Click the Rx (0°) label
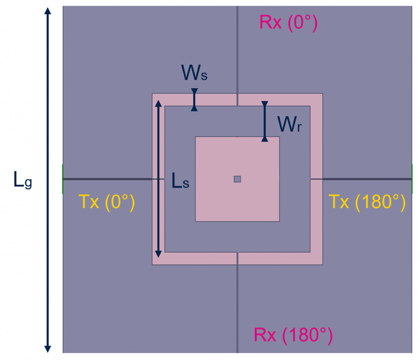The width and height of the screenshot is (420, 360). [x=288, y=23]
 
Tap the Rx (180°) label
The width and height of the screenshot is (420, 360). [x=293, y=335]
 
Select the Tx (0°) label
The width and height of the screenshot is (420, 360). [x=106, y=202]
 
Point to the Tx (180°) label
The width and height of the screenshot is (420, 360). [x=367, y=202]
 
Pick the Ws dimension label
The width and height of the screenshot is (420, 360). [x=194, y=73]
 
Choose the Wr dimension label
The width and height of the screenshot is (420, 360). [x=289, y=124]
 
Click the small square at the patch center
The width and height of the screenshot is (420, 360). [x=237, y=179]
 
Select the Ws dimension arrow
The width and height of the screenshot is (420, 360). [x=194, y=100]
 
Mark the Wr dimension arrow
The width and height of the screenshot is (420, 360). [x=265, y=121]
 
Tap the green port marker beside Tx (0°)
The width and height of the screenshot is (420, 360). [x=63, y=179]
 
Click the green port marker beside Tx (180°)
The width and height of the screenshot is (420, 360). [x=412, y=179]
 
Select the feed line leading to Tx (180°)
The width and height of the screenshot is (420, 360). [x=365, y=179]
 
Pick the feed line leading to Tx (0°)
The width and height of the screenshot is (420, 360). [x=107, y=179]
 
